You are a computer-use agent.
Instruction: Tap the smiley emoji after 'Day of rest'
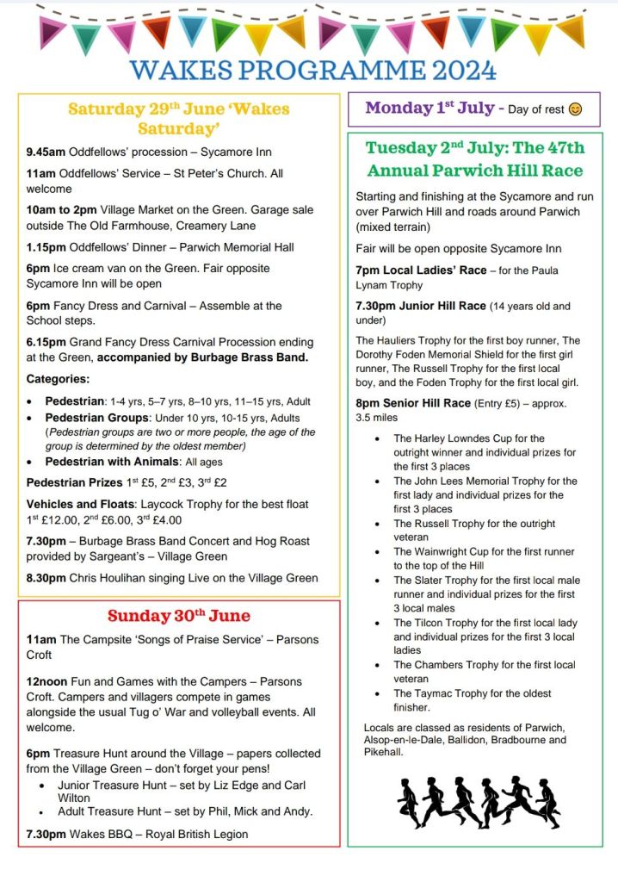coord(575,109)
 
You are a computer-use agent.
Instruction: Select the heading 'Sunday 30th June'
coord(179,615)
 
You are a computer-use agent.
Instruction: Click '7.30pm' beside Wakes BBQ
coord(46,833)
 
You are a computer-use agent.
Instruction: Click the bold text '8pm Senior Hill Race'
coord(413,403)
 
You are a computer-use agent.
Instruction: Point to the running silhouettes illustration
coord(479,802)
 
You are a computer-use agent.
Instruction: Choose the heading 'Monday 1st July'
coord(429,109)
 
